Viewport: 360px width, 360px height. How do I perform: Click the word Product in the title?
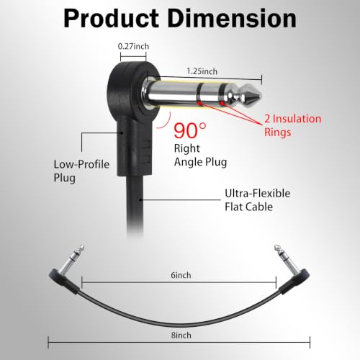(111, 19)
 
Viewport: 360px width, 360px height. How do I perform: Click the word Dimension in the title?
(232, 19)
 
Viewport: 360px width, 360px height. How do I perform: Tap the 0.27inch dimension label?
(133, 46)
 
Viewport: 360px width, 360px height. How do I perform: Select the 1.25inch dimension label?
(202, 71)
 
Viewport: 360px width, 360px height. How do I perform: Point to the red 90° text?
(190, 130)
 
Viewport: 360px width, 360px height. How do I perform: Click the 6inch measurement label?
(181, 275)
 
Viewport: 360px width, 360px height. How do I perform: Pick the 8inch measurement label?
(181, 335)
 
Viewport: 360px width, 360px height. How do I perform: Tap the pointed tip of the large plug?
(261, 96)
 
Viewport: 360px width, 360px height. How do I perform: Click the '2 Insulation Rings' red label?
(292, 125)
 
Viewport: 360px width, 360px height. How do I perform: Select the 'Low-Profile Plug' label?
(81, 171)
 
